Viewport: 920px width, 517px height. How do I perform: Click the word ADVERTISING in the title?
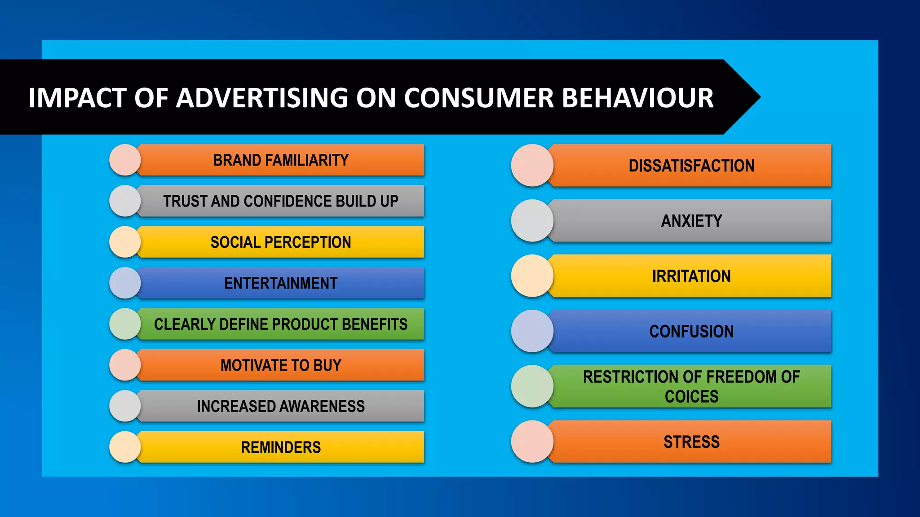[262, 98]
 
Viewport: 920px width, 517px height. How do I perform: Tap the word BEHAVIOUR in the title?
[637, 98]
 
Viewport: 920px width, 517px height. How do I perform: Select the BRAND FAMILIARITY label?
[281, 160]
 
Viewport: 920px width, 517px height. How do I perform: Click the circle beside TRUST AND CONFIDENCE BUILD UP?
[125, 201]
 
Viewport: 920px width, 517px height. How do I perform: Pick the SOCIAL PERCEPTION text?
[281, 242]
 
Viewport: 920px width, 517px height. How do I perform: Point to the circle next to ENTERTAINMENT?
[125, 283]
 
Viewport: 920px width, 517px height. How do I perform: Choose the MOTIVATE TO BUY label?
[281, 365]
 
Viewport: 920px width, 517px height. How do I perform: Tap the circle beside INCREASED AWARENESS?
[125, 406]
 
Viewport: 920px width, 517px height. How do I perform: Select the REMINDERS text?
[281, 447]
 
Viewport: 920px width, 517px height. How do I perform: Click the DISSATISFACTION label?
[691, 166]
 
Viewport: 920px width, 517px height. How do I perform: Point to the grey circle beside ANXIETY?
[532, 221]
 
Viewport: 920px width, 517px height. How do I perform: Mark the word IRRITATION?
[691, 276]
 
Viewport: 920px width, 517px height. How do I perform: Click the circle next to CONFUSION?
[532, 331]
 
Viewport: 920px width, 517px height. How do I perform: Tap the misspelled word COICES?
[691, 397]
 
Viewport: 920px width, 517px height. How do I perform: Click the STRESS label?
[691, 442]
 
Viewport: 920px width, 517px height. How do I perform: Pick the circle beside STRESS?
[532, 442]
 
